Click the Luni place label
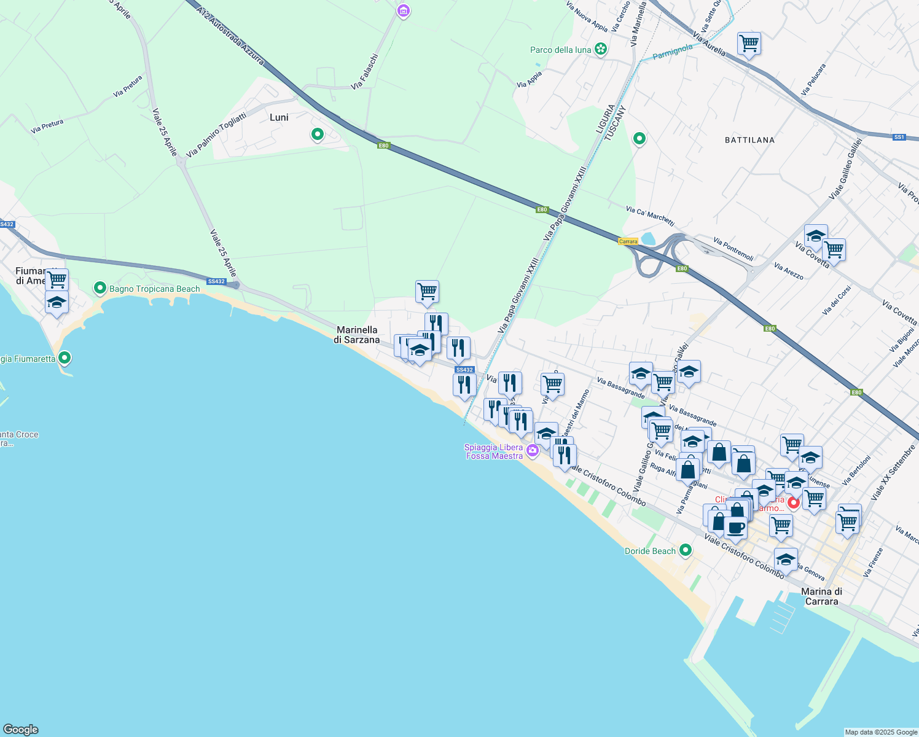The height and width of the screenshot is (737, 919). [279, 117]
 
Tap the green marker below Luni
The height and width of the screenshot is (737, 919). [318, 134]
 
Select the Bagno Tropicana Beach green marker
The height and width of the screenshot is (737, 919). [100, 288]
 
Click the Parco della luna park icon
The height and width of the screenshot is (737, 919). [601, 49]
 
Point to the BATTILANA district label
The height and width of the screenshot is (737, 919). [749, 140]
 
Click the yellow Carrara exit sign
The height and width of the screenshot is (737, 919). [628, 241]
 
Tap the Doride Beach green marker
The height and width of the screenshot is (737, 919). [686, 550]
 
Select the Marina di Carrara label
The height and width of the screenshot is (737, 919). [821, 596]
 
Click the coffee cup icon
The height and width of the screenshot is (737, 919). [735, 527]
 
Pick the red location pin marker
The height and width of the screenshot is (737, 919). [793, 503]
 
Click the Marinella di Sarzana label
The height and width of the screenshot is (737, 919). [357, 335]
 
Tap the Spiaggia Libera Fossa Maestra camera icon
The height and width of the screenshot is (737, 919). [533, 451]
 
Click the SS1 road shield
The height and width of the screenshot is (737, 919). [899, 137]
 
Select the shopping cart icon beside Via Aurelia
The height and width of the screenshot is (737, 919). [749, 44]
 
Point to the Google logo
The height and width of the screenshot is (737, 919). [20, 730]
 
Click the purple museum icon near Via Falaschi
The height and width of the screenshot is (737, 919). [403, 10]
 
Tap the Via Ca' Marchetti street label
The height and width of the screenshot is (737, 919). [650, 216]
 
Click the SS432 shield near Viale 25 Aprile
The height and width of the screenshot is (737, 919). [216, 282]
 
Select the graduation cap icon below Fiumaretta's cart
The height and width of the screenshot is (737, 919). [57, 303]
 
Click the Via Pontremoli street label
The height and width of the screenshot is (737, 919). [733, 249]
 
